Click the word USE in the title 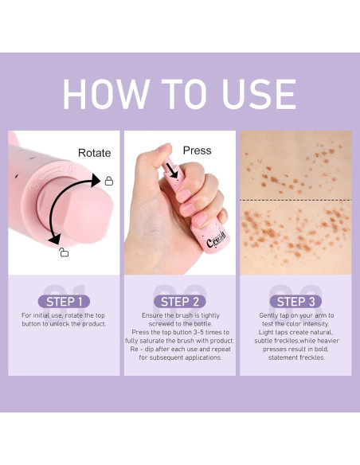click(254, 95)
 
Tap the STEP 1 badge click(64, 302)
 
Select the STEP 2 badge click(180, 302)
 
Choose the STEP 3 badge click(295, 302)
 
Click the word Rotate click(94, 151)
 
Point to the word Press click(197, 150)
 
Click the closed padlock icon click(109, 182)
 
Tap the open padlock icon click(64, 252)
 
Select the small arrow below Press click(170, 167)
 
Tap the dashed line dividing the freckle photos click(295, 200)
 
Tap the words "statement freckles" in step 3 click(295, 359)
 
